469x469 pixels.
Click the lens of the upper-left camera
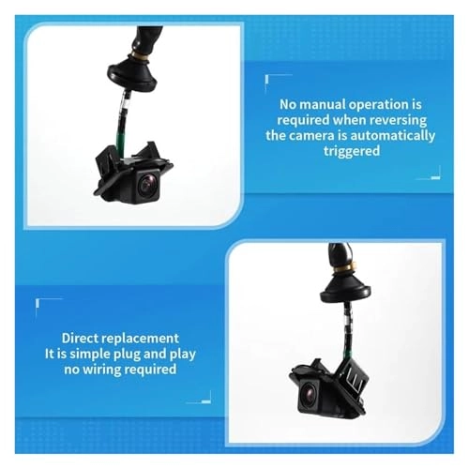146,186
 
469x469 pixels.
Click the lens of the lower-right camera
310,391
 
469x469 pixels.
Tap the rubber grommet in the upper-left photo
132,72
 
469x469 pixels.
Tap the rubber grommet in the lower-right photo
345,288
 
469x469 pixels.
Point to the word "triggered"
352,151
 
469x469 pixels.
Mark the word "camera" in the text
312,136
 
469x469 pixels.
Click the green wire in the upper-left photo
119,133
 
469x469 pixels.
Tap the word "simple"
89,355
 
